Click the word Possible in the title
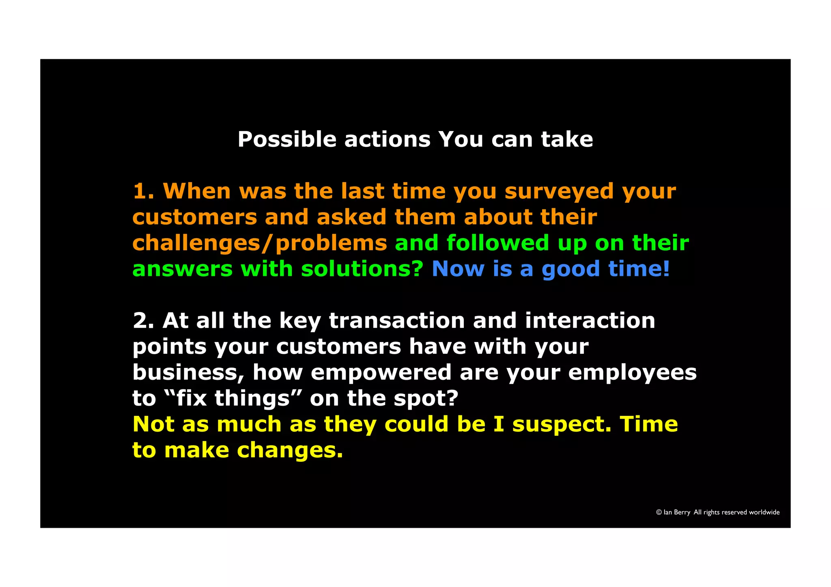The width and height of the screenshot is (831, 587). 286,140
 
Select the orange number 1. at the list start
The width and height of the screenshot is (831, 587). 143,191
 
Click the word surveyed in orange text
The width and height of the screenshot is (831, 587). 559,191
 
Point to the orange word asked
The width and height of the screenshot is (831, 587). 351,217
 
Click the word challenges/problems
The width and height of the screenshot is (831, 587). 260,243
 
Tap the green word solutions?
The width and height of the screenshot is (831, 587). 362,269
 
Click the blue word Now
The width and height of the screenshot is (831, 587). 458,269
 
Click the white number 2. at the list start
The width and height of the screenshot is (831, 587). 143,321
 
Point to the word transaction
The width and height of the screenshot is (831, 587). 397,321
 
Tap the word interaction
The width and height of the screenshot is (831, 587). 590,321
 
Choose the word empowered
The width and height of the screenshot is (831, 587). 381,372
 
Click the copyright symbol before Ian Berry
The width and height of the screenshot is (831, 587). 659,512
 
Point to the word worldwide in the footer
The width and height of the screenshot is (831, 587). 764,512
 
